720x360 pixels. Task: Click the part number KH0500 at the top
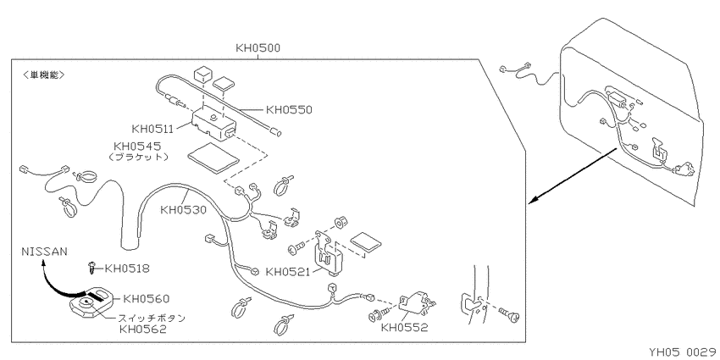[x=258, y=47]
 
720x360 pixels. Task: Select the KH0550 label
[x=289, y=110]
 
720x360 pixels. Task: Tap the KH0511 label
[x=152, y=129]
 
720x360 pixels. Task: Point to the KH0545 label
[x=137, y=147]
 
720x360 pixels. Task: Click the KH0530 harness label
[x=183, y=210]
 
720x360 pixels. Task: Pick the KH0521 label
[x=289, y=272]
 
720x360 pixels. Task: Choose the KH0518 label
[x=127, y=269]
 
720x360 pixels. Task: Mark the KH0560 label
[x=147, y=299]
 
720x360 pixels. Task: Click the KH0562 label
[x=142, y=329]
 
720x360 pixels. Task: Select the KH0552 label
[x=404, y=328]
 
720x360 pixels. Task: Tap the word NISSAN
[x=44, y=252]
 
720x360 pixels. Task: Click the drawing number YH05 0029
[x=684, y=352]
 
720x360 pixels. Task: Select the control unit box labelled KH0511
[x=214, y=122]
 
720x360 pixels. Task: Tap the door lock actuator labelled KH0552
[x=416, y=304]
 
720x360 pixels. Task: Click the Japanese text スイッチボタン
[x=152, y=318]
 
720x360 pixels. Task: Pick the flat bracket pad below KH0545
[x=213, y=157]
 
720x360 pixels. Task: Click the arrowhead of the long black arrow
[x=533, y=200]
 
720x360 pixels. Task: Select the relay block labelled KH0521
[x=330, y=255]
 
